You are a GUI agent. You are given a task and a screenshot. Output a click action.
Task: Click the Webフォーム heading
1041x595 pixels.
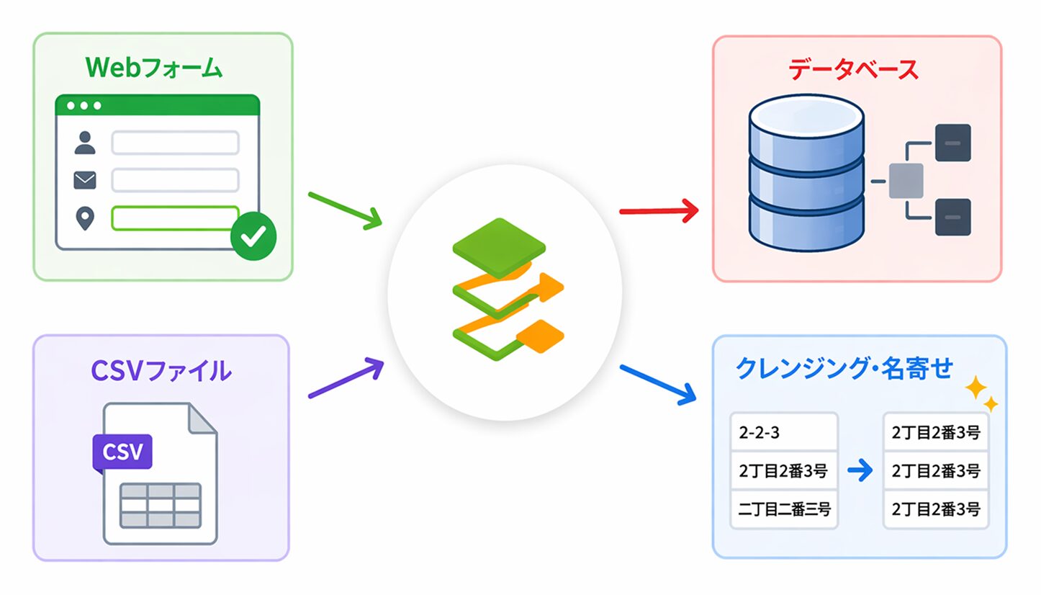154,68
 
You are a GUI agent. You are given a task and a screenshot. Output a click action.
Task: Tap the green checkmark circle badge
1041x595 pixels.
253,236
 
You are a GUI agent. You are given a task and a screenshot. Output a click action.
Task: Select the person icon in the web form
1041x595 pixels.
85,143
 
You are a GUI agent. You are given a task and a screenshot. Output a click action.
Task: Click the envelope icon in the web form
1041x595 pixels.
85,180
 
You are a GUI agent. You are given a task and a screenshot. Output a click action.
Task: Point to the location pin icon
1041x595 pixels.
85,218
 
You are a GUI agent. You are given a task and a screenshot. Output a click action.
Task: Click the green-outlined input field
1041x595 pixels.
175,218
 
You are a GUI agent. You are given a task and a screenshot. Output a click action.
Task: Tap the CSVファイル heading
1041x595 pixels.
161,371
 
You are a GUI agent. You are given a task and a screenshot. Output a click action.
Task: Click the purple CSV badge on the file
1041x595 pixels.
122,452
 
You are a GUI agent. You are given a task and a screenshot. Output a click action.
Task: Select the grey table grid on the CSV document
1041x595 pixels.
161,506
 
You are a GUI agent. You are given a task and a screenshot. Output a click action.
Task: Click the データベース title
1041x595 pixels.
854,70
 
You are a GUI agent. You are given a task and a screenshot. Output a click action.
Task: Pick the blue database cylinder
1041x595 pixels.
806,173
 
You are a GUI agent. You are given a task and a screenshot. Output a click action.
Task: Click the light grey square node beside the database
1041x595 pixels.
906,181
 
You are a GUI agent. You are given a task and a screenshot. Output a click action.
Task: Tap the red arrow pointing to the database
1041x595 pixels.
659,211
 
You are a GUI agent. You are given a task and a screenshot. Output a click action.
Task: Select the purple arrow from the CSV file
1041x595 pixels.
346,377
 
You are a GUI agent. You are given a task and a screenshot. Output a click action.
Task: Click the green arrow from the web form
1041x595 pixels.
345,210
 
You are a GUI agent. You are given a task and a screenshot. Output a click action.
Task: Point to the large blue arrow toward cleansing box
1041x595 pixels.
658,385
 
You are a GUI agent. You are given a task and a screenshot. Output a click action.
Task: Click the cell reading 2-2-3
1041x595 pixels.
784,432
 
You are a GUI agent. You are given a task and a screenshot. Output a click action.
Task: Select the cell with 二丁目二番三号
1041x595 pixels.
784,509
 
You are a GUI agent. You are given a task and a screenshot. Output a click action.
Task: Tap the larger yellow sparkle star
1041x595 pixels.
975,388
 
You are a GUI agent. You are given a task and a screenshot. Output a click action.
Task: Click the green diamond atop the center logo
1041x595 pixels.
499,249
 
